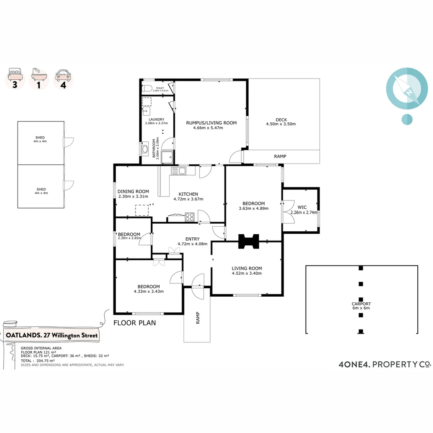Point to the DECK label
pyautogui.click(x=281, y=119)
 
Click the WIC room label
pyautogui.click(x=302, y=207)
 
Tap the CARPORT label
pyautogui.click(x=361, y=304)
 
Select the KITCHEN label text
pyautogui.click(x=188, y=194)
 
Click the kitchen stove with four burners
pyautogui.click(x=190, y=217)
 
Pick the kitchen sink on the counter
pyautogui.click(x=178, y=171)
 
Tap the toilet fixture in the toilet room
pyautogui.click(x=147, y=88)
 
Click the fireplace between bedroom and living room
pyautogui.click(x=249, y=241)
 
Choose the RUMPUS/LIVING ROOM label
pyautogui.click(x=211, y=123)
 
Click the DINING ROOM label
pyautogui.click(x=133, y=191)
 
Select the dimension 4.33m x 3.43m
pyautogui.click(x=148, y=291)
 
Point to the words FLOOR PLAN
pyautogui.click(x=134, y=323)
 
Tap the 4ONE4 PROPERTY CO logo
pyautogui.click(x=384, y=364)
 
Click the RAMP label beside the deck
pyautogui.click(x=280, y=156)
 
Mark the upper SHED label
pyautogui.click(x=40, y=137)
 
